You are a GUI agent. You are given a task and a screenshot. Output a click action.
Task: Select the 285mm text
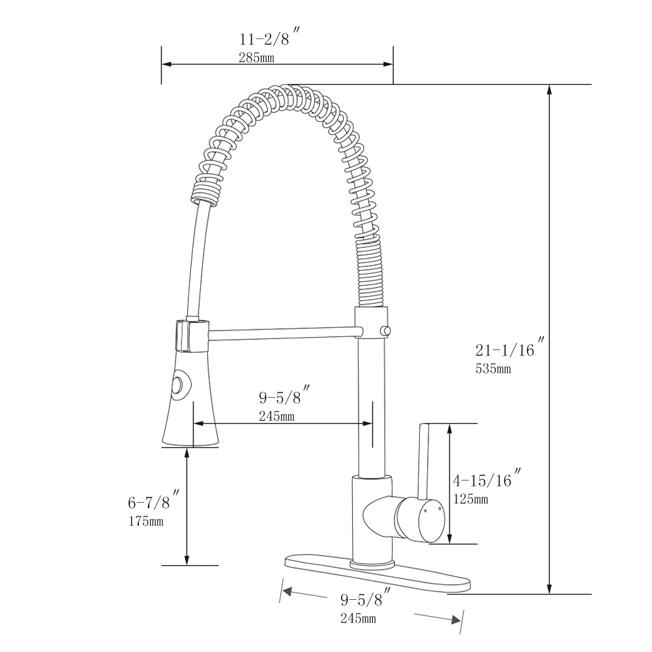(256, 57)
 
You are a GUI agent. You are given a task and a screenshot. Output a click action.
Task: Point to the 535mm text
(493, 368)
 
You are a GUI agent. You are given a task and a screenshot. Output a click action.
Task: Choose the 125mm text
(470, 499)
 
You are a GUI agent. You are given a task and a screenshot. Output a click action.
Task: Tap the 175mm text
(145, 521)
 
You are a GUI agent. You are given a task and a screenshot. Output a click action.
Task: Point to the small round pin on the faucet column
(386, 331)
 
